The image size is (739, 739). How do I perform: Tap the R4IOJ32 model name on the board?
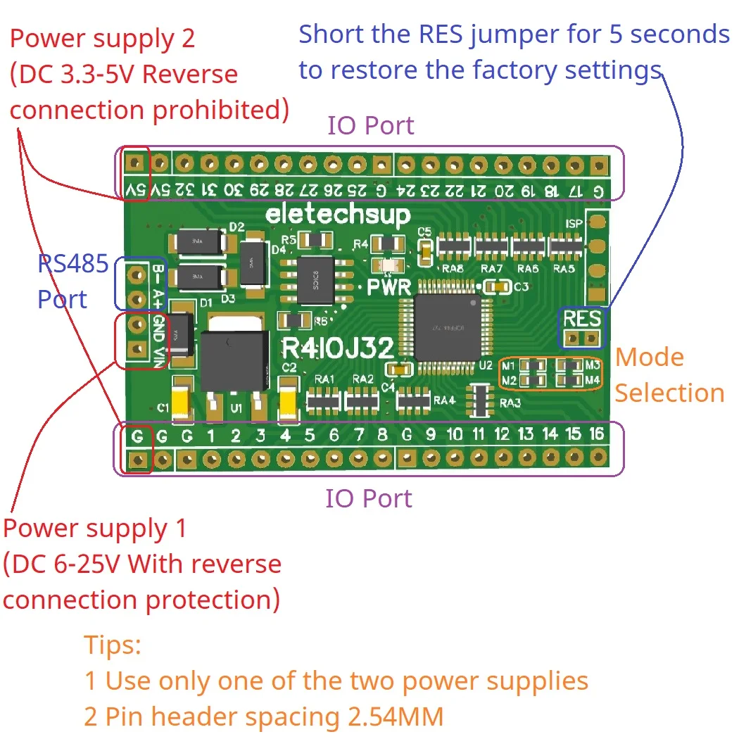coord(337,347)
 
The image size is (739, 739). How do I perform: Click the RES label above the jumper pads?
coord(581,319)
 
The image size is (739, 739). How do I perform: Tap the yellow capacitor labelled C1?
coord(182,399)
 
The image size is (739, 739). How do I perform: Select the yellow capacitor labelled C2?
coord(289,399)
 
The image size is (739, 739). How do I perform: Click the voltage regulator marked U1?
coord(234,360)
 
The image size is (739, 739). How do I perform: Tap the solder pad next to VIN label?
coord(137,348)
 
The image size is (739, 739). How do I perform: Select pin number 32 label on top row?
coord(185,190)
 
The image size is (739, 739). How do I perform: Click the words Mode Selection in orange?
coord(669,375)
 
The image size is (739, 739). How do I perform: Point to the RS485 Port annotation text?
coord(72,282)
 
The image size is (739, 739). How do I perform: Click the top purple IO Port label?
coord(370,126)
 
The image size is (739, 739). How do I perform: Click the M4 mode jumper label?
coord(593,381)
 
